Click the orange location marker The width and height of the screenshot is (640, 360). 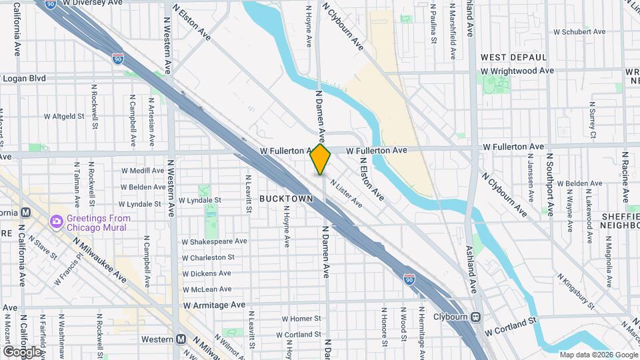tap(320, 159)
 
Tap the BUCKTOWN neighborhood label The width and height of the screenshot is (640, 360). tap(286, 199)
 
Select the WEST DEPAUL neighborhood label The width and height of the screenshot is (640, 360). tap(513, 58)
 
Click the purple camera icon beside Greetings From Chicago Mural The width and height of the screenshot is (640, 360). tap(57, 221)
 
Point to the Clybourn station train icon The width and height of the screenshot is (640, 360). tap(476, 317)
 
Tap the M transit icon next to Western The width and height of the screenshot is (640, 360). tap(181, 339)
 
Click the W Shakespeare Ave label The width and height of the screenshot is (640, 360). tap(215, 241)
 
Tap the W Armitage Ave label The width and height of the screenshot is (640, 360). tap(214, 305)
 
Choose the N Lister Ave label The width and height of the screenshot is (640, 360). tap(346, 195)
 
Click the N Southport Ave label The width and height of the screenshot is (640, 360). tap(551, 184)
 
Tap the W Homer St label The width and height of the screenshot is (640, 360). tap(301, 319)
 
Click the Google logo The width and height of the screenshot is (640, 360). tap(22, 351)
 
